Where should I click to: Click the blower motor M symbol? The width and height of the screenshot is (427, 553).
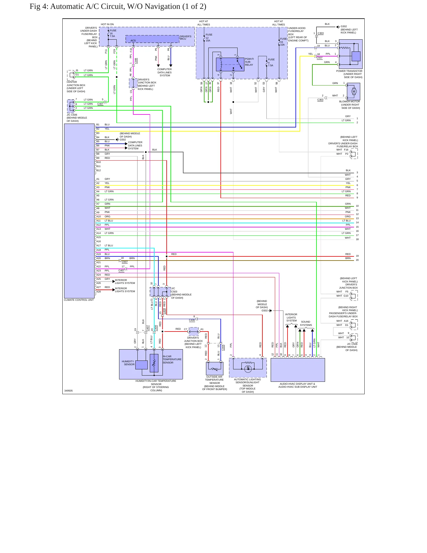tap(354, 91)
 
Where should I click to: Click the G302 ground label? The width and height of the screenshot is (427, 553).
tap(344, 26)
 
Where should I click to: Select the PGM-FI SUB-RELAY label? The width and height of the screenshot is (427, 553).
tap(249, 62)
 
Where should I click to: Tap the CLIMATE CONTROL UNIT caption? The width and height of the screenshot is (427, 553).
tap(79, 300)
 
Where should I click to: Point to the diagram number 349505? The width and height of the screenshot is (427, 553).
tap(69, 391)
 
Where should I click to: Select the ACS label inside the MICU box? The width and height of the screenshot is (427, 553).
tap(133, 41)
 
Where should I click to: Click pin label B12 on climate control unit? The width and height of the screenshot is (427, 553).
tap(98, 170)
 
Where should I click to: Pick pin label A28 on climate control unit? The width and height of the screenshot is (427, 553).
tap(98, 292)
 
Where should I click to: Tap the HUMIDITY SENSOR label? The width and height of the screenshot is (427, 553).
tap(128, 363)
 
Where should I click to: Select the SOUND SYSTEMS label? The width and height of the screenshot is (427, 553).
tap(306, 323)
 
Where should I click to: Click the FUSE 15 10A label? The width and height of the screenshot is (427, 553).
tap(283, 42)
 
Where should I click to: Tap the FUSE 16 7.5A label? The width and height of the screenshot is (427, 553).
tap(113, 33)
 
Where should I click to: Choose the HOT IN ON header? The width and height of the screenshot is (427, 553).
tap(107, 24)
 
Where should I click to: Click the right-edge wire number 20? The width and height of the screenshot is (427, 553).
tap(357, 260)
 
